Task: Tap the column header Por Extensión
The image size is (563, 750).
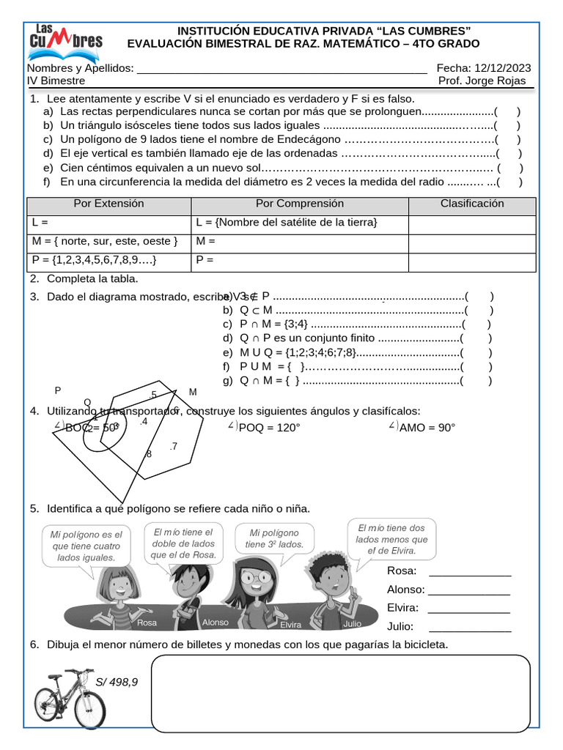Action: (109, 204)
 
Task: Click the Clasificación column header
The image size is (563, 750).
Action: (472, 204)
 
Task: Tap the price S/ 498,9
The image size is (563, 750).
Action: (117, 682)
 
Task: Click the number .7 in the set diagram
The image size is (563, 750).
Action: (173, 446)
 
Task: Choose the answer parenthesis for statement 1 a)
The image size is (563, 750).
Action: (507, 112)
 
